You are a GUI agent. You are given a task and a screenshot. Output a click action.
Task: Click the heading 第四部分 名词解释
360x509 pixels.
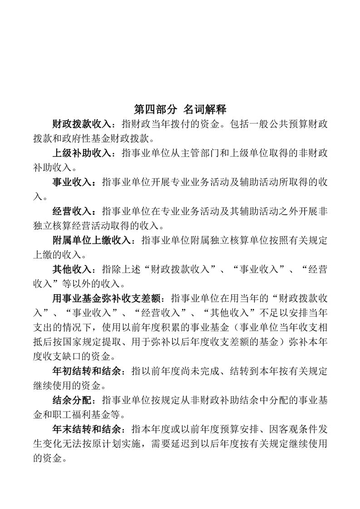(180, 109)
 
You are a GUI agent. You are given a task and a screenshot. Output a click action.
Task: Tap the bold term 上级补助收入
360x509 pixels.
(81, 153)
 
